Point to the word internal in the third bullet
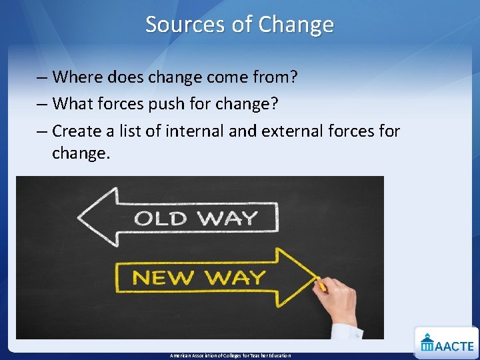tap(194, 131)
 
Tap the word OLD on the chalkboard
tap(160, 218)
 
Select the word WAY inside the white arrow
tap(226, 218)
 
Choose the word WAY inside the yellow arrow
tap(234, 277)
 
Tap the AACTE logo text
tap(455, 345)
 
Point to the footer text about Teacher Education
tap(231, 355)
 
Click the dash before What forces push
tap(42, 104)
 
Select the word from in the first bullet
tap(275, 77)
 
